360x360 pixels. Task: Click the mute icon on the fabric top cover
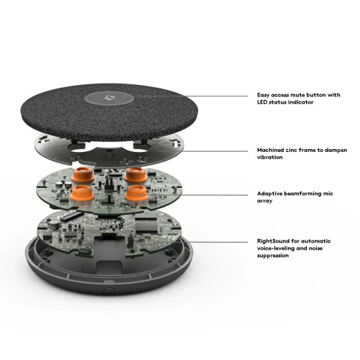click(109, 98)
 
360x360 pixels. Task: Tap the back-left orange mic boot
click(83, 175)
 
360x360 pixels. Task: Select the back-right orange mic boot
click(136, 175)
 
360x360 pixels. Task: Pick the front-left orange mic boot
click(82, 193)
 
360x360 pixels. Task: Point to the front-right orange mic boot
click(137, 193)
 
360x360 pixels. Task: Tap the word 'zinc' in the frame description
click(292, 150)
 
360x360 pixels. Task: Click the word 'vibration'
click(270, 157)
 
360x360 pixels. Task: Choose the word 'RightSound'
click(274, 241)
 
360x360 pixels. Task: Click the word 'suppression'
click(273, 256)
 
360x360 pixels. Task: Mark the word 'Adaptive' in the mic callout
click(269, 194)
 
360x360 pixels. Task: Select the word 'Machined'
click(271, 150)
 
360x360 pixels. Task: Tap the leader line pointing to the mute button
click(191, 96)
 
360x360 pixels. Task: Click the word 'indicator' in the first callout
click(301, 102)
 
